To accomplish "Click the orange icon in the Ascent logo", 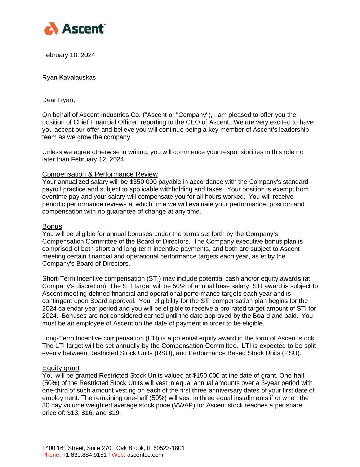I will click(52, 29).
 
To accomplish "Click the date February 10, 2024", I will click(68, 55).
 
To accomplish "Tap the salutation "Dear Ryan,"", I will click(58, 100).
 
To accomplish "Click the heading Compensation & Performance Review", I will click(100, 174).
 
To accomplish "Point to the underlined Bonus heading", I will click(52, 226).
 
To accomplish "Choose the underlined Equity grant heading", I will click(61, 368).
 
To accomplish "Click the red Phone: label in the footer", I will click(51, 455).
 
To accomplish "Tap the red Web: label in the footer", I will click(118, 455).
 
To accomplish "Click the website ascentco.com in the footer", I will click(145, 455).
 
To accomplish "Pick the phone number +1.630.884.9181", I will click(84, 455).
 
